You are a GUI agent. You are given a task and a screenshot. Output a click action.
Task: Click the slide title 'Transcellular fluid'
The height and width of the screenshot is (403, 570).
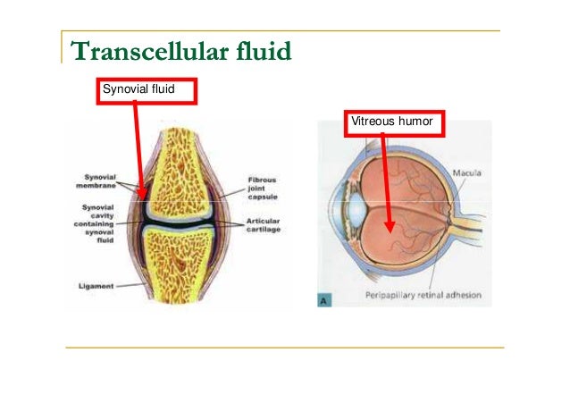click(181, 51)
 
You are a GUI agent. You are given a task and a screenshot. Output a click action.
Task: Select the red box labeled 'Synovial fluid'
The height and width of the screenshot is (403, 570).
click(144, 90)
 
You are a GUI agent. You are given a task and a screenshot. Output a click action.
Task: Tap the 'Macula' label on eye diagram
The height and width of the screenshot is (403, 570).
click(469, 171)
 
